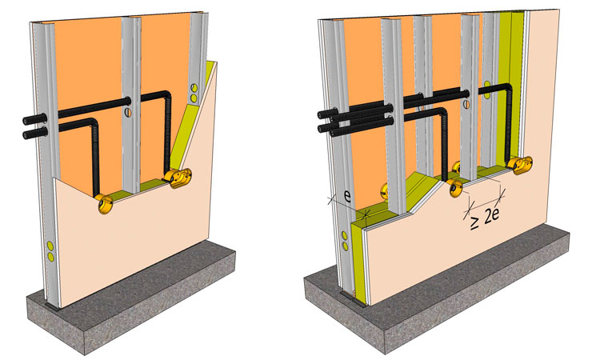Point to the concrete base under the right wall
[448, 304]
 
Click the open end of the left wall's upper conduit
[25, 122]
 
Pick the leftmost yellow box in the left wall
[103, 204]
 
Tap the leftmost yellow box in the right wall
[382, 193]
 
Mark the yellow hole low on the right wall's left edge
[346, 238]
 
